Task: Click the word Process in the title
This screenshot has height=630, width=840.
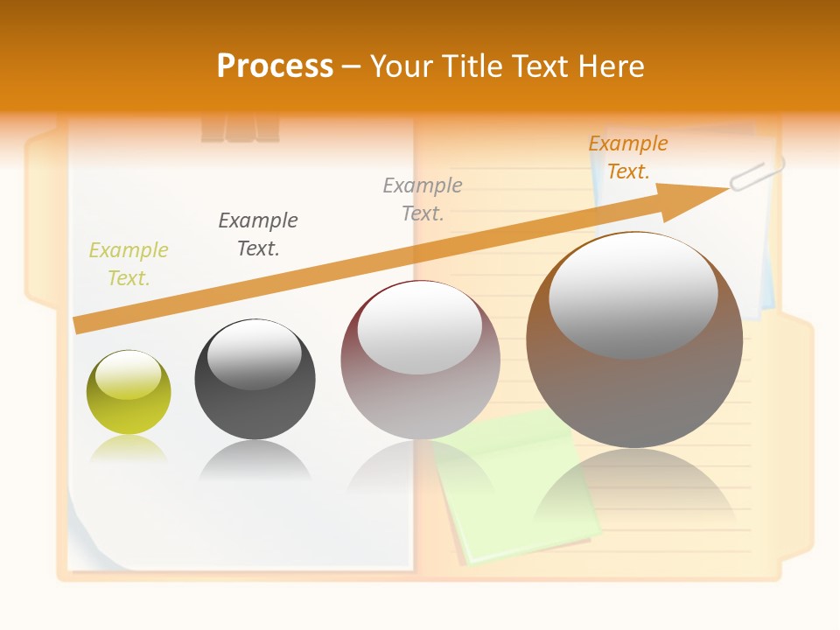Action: (x=275, y=66)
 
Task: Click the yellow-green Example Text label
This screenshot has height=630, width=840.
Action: (x=128, y=264)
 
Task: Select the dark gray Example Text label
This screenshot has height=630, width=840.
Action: (x=258, y=234)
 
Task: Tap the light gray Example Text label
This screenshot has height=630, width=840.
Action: (x=423, y=199)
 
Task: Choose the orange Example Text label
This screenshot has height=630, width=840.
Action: (x=627, y=157)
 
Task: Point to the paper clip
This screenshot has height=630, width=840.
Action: (x=758, y=172)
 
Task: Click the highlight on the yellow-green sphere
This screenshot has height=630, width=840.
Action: (x=129, y=375)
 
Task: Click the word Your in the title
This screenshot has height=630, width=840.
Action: (x=403, y=66)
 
